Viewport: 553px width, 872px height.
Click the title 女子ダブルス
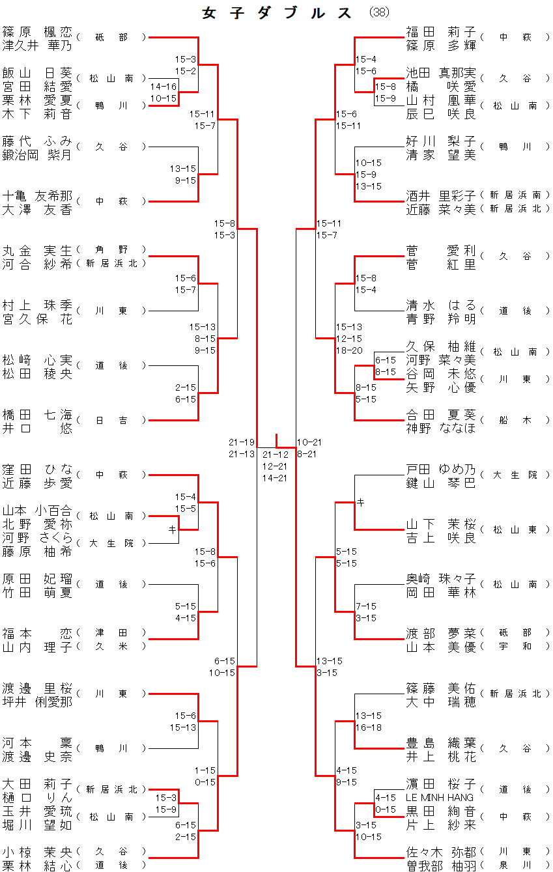(x=277, y=13)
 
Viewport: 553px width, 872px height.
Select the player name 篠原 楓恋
(x=37, y=32)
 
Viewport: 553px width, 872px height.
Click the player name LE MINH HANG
(x=440, y=797)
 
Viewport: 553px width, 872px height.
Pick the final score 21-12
(x=275, y=455)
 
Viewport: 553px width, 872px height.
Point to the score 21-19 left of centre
(x=242, y=442)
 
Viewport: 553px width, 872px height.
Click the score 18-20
(x=348, y=350)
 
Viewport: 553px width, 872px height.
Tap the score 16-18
(x=368, y=728)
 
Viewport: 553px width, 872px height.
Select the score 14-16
(x=163, y=86)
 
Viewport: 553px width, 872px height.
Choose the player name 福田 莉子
(x=441, y=32)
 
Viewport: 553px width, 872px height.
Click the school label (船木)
(x=515, y=420)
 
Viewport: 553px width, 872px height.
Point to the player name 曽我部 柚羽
(x=441, y=865)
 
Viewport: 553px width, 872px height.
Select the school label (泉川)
(x=515, y=865)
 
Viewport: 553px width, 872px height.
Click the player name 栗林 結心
(x=37, y=865)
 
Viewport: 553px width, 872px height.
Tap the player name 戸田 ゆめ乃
(x=441, y=470)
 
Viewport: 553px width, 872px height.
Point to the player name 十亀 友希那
(x=37, y=196)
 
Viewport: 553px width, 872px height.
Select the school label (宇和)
(x=515, y=646)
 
